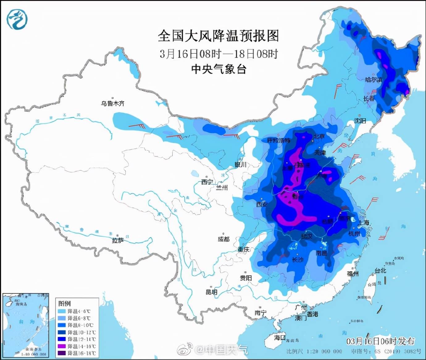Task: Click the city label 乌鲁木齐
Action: coord(113,103)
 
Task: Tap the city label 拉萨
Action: coord(118,240)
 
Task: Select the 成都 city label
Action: coord(223,239)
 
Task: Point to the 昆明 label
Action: coord(211,292)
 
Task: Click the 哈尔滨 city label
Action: coord(374,80)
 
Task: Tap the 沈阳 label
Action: coord(360,121)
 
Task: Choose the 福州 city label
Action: coord(353,274)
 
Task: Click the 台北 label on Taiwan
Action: coord(380,270)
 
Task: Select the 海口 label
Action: coord(280,337)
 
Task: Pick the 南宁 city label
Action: coord(261,313)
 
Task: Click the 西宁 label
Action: coord(207,182)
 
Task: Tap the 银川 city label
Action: coord(240,165)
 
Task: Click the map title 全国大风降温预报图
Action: coord(218,36)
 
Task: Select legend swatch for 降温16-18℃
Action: coord(62,353)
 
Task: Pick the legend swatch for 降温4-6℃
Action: coord(62,311)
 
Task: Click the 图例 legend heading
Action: coord(65,303)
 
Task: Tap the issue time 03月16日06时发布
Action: coord(380,341)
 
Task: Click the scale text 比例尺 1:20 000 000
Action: coord(314,351)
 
